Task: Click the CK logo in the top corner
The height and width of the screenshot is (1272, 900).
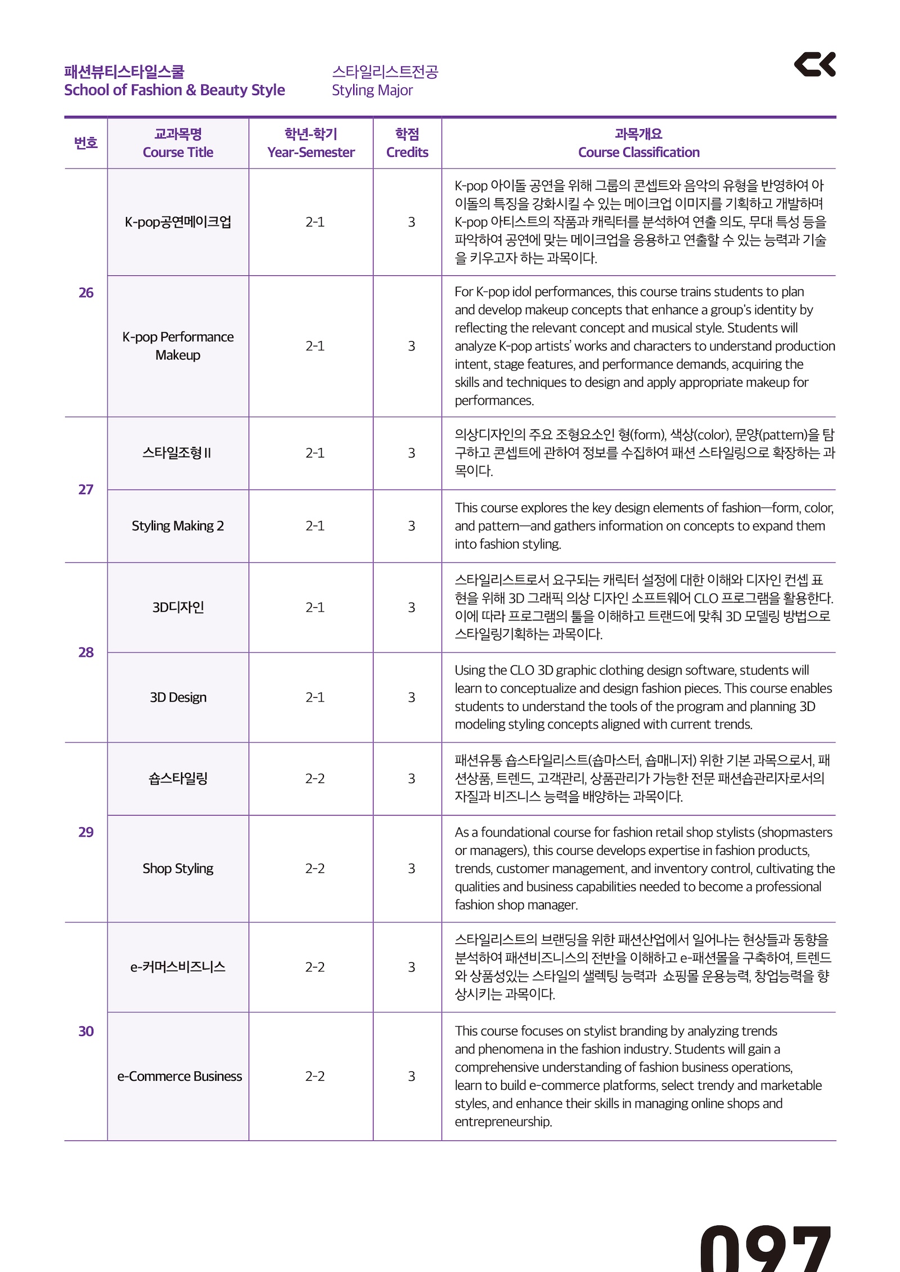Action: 814,64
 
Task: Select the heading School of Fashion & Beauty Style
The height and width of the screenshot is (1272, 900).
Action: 174,90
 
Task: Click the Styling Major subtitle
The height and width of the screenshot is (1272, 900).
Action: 372,90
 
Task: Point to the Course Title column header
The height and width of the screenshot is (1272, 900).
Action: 178,152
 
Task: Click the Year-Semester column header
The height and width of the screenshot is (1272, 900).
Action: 310,152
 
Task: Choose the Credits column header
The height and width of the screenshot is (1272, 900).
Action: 407,152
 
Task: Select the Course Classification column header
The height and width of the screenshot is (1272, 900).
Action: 638,152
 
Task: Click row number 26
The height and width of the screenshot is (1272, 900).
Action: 85,292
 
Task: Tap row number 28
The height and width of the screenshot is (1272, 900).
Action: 85,652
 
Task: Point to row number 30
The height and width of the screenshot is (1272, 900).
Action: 85,1031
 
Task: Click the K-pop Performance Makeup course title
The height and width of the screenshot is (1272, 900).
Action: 178,346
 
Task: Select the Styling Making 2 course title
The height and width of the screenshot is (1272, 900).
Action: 178,526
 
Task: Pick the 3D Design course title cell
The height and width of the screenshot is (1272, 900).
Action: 178,697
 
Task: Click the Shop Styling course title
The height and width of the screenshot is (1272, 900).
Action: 178,868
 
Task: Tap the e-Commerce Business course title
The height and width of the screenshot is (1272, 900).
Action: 179,1076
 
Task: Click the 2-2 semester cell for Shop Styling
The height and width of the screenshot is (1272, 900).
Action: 314,868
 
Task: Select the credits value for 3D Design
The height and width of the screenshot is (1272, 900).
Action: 411,697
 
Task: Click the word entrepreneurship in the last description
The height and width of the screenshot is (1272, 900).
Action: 503,1121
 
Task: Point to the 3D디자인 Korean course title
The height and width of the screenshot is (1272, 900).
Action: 178,607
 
